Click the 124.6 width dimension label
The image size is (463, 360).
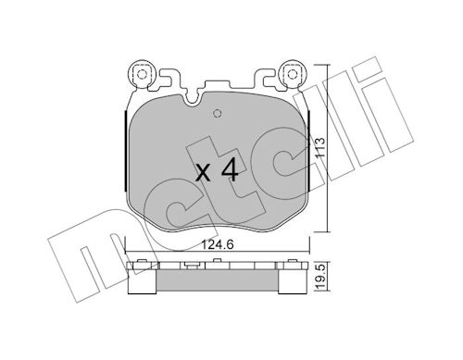(218, 244)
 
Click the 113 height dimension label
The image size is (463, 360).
(320, 147)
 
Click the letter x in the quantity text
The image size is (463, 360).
(204, 173)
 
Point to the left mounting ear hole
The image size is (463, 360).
(142, 74)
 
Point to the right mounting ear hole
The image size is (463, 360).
(292, 74)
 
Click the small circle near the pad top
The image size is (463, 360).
(218, 114)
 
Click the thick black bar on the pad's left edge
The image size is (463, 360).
(125, 151)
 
